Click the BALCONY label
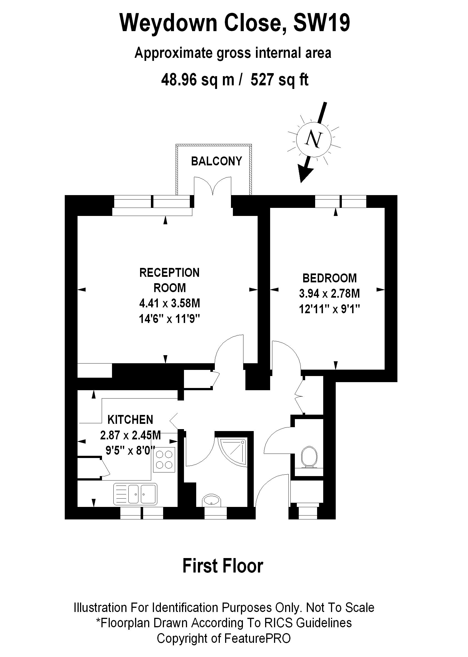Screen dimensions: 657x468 [x=216, y=161]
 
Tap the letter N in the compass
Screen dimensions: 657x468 [x=313, y=140]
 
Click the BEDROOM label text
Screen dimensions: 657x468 [x=329, y=278]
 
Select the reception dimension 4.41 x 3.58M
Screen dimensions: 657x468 [x=170, y=303]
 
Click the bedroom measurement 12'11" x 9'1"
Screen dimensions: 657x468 [x=329, y=309]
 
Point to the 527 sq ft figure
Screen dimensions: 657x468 [x=279, y=79]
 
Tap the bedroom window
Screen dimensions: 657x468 [x=341, y=201]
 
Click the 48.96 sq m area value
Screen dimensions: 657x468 [x=198, y=79]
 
